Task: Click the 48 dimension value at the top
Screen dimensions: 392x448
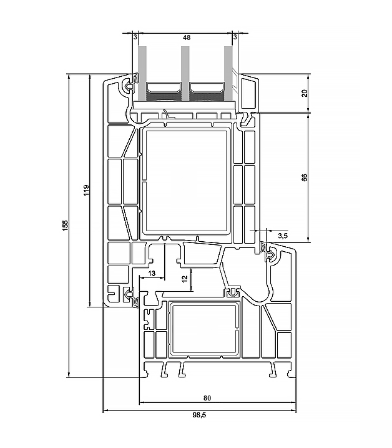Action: point(187,37)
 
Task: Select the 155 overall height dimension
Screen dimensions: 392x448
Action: point(66,226)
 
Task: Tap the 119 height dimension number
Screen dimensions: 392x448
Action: point(86,191)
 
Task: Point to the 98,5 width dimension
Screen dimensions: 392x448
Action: point(199,415)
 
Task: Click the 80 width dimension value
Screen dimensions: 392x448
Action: point(207,398)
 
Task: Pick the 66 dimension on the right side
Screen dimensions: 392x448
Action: point(305,177)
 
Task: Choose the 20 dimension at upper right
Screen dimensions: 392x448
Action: point(305,93)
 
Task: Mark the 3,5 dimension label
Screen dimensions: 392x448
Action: point(283,236)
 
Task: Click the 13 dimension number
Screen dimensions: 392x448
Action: point(152,274)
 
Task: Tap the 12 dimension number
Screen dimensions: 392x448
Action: point(185,279)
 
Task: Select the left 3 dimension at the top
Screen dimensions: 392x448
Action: point(135,37)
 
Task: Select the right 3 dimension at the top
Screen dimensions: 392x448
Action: point(235,37)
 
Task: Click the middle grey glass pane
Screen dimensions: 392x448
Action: point(185,74)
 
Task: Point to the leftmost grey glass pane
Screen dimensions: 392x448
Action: point(142,74)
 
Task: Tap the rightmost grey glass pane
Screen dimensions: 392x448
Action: point(228,74)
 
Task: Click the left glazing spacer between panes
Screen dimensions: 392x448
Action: point(164,91)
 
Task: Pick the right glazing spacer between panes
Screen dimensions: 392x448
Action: point(207,91)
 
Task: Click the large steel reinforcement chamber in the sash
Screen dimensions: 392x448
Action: point(186,181)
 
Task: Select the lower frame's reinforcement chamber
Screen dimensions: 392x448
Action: point(204,329)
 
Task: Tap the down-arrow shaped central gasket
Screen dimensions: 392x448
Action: point(233,292)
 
